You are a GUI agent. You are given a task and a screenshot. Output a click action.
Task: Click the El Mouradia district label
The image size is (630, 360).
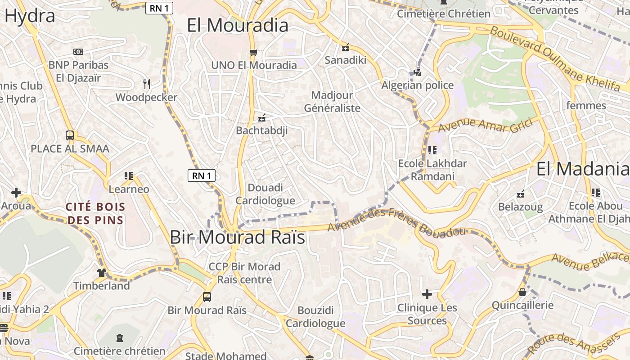click(x=238, y=25)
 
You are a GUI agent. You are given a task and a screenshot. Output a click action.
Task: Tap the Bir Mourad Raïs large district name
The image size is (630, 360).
click(x=238, y=237)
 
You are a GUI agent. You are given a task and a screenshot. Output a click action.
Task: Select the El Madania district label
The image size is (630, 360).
click(x=582, y=169)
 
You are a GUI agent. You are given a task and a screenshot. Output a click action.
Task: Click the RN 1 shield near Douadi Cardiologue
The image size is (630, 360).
click(x=201, y=175)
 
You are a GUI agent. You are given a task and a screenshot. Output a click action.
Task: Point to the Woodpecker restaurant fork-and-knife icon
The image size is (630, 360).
click(x=146, y=84)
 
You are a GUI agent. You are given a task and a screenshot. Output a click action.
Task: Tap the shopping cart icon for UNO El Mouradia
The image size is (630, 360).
click(x=253, y=52)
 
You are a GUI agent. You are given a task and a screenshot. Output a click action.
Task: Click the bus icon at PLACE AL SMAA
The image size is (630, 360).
click(x=70, y=135)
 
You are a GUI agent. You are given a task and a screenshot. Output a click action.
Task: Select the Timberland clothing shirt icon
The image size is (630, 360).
click(x=102, y=272)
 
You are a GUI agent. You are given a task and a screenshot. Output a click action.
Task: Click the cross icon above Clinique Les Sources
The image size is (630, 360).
click(x=427, y=294)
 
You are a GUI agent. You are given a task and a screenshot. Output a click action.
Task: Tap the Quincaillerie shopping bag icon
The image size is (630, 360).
click(x=522, y=292)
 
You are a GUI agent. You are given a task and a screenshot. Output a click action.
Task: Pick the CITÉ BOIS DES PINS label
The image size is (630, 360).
click(x=95, y=214)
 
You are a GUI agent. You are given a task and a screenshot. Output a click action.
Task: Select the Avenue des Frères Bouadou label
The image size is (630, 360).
click(x=396, y=222)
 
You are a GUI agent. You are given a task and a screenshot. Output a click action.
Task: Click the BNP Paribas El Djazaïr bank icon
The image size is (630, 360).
click(x=78, y=52)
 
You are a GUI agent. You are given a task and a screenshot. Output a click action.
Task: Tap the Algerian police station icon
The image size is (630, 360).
click(x=417, y=72)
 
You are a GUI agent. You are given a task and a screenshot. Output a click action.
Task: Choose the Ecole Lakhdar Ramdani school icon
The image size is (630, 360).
click(x=432, y=150)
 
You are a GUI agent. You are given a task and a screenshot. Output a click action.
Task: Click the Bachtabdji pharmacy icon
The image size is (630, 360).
click(x=262, y=118)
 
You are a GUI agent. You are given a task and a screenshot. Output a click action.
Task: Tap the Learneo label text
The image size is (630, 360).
click(x=129, y=189)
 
